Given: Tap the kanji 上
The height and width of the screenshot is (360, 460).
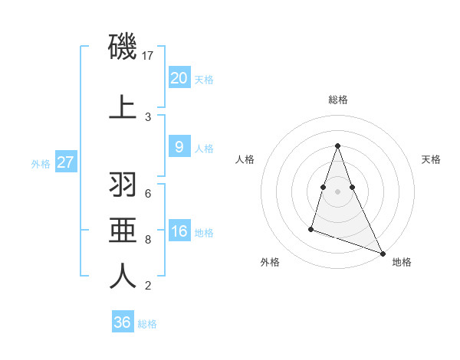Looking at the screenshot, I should tap(123, 107).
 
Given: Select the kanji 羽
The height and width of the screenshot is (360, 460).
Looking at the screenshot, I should tap(123, 185).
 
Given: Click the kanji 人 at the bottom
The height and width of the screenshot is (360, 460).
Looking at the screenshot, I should tap(123, 276).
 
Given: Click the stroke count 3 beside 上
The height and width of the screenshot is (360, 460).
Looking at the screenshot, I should tap(148, 117).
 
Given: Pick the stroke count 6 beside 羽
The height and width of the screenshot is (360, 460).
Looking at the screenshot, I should tap(148, 193).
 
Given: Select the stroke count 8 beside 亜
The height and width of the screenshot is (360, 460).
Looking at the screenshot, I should tap(148, 239).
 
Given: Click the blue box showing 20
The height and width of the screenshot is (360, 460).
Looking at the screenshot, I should tap(179, 78).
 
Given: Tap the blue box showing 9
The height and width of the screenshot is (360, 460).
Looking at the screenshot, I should tap(179, 148).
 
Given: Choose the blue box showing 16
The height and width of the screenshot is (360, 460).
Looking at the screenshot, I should tap(179, 232).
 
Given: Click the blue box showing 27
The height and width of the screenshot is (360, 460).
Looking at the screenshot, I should tap(65, 162).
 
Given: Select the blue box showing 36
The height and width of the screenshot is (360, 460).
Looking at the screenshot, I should tap(122, 322).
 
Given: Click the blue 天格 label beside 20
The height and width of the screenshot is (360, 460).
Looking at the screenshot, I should tap(204, 79).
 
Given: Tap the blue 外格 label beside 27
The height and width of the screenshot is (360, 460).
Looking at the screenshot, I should tap(40, 163).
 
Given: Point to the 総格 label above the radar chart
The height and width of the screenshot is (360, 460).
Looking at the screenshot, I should tap(337, 100).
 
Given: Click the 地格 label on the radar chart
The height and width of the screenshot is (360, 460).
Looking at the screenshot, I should tap(402, 262).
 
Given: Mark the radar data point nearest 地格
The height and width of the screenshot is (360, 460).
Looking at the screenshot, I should tap(382, 254).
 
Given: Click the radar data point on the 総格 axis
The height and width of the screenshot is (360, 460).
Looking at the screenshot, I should tap(337, 146).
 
